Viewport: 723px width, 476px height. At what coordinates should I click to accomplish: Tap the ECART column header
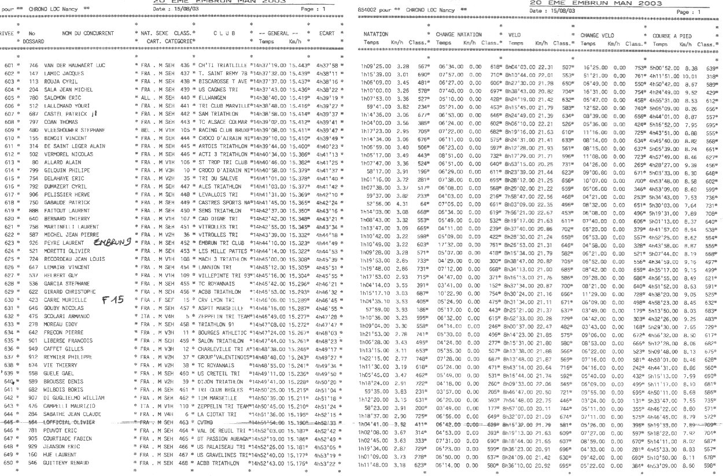[x=329, y=35]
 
